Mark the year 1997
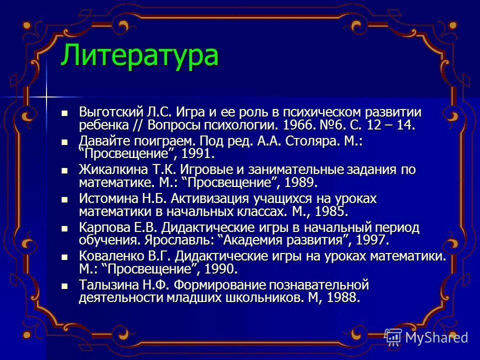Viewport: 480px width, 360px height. click(370, 240)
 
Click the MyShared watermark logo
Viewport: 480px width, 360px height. click(427, 337)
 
